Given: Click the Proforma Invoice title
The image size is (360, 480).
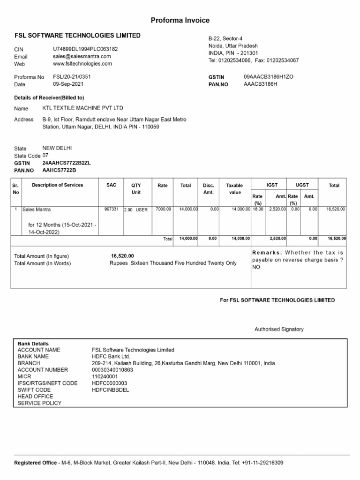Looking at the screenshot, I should tap(180, 20).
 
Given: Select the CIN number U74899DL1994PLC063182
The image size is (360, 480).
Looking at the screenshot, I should tap(85, 49).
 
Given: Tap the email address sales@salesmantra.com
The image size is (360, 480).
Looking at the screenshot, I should tap(82, 56).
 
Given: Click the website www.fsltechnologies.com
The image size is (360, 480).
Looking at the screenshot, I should tap(82, 64).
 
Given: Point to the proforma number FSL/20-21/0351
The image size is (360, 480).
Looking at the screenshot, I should tap(73, 77).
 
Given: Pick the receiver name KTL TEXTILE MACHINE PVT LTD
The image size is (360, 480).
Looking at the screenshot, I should tap(89, 108).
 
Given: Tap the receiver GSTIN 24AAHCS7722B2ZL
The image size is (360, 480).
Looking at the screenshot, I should tap(67, 163).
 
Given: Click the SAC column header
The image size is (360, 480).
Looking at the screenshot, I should tap(112, 185).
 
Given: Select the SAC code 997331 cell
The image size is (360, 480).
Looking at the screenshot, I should tap(112, 209).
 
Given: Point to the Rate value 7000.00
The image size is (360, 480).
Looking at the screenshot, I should tap(163, 209).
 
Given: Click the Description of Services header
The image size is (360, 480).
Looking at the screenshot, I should tap(57, 185).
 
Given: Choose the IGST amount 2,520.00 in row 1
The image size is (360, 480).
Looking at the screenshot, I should tap(276, 209).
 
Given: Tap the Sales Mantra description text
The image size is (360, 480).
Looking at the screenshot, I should tap(37, 210).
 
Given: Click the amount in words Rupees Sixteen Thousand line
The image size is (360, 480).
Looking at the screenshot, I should tap(173, 263).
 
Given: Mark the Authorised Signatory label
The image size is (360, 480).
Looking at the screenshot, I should tap(279, 329).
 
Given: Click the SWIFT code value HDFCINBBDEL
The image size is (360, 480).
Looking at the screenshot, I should tap(110, 390).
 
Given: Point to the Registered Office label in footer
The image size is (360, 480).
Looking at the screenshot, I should tap(35, 463).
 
